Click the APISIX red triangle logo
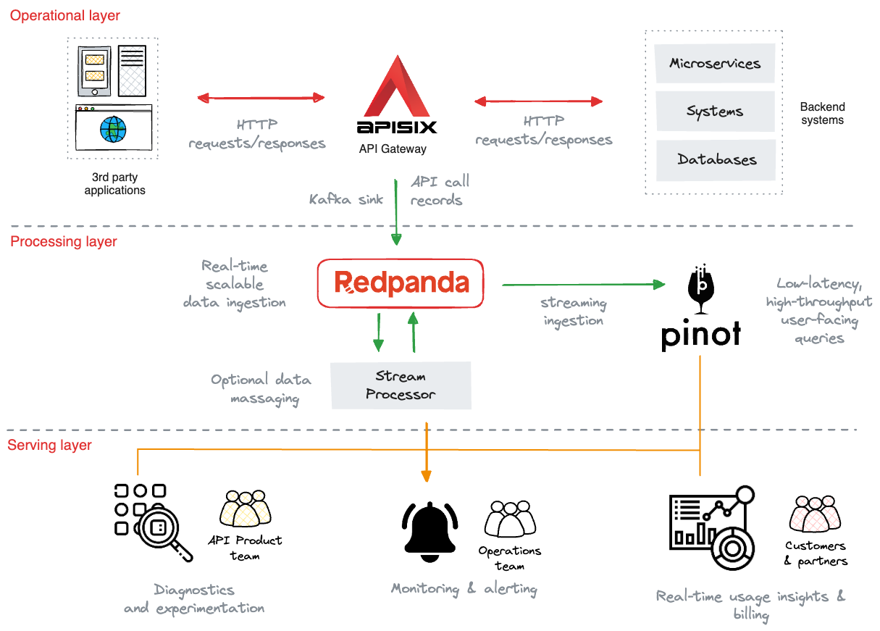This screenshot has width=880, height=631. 397,88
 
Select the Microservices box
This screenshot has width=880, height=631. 715,63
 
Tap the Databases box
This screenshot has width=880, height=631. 716,160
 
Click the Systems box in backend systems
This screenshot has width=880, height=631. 715,111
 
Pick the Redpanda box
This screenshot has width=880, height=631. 401,283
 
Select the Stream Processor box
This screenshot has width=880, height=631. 401,385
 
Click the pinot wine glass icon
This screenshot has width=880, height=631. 701,289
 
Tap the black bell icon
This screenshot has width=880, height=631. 429,532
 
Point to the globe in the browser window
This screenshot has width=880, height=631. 113,129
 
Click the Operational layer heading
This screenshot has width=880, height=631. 64,16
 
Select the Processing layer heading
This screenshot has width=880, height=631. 63,241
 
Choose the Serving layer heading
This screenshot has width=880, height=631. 49,445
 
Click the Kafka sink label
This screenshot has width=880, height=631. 346,199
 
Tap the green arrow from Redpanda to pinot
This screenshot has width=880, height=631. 583,285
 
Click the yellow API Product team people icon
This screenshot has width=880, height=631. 246,508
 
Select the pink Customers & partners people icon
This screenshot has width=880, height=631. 815,514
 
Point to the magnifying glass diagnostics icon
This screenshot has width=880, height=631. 154,522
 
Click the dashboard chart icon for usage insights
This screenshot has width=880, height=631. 712,528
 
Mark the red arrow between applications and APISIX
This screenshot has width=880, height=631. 261,98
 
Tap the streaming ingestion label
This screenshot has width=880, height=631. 573,312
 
